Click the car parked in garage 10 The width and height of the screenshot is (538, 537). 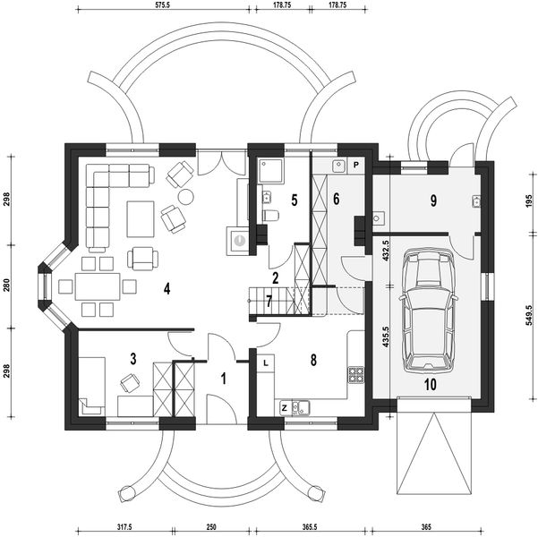click(x=428, y=311)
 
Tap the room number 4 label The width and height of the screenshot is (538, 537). click(x=167, y=289)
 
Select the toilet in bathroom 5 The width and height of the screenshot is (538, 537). click(x=270, y=216)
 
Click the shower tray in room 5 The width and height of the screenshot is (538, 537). click(x=270, y=171)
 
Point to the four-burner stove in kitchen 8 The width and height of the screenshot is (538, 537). click(x=356, y=375)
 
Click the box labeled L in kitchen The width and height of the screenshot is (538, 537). click(x=266, y=362)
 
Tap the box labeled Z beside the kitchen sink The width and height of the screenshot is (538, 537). click(x=285, y=408)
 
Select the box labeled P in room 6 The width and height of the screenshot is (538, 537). click(x=356, y=166)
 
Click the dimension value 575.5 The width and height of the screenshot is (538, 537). click(x=163, y=5)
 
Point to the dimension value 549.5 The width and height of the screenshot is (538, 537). click(x=530, y=315)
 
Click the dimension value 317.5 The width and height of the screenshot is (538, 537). click(x=124, y=527)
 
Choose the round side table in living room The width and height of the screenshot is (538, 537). click(x=185, y=197)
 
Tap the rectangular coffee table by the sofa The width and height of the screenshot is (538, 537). click(x=141, y=219)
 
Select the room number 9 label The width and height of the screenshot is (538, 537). click(x=433, y=200)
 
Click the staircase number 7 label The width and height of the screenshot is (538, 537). click(x=269, y=302)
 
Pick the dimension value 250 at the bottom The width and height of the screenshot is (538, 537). click(x=211, y=527)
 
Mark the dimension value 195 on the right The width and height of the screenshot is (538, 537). click(x=530, y=200)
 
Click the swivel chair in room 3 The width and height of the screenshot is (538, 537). click(x=130, y=382)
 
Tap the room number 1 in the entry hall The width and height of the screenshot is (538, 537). click(x=224, y=379)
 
